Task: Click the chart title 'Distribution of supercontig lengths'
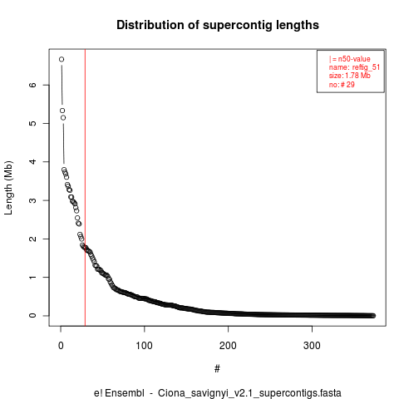(218, 25)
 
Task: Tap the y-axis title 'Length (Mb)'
(8, 188)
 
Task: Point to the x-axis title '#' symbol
(217, 369)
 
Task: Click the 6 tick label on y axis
(32, 85)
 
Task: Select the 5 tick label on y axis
(32, 123)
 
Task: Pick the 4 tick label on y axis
(32, 162)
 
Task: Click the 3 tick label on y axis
(32, 200)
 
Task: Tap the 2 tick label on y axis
(32, 239)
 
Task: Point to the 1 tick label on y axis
(32, 278)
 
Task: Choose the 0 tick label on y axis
(32, 316)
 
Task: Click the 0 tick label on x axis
(61, 346)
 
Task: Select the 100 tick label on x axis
(145, 346)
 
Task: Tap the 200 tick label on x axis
(228, 346)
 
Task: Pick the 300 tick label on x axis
(312, 346)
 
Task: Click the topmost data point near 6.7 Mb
(62, 59)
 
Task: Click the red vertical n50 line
(85, 188)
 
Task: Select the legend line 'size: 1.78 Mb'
(350, 76)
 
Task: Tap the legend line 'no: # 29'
(342, 85)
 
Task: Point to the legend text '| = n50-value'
(350, 59)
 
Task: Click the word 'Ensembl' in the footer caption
(125, 393)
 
